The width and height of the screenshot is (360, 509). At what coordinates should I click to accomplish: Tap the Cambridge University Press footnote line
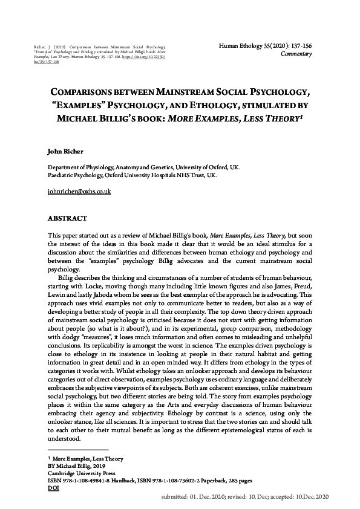pyautogui.click(x=81, y=473)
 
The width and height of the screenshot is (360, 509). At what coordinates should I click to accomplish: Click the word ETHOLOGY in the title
pyautogui.click(x=223, y=107)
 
